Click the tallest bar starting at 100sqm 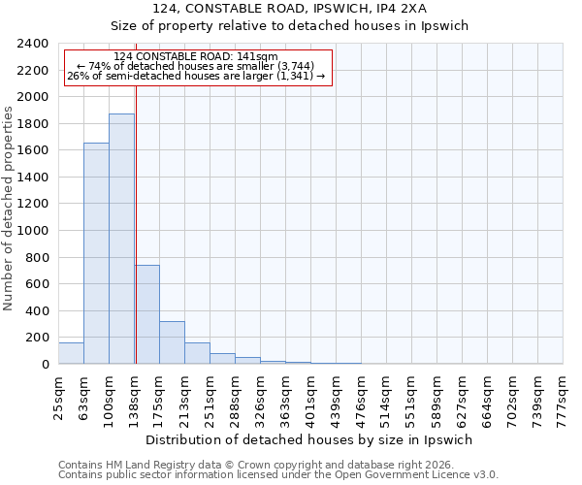click(x=121, y=239)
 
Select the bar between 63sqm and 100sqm click(x=96, y=253)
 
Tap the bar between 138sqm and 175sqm click(x=147, y=314)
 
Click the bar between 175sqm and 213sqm click(x=172, y=342)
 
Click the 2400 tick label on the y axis click(x=34, y=44)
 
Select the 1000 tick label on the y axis click(x=34, y=231)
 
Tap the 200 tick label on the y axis click(x=38, y=338)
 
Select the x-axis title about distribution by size click(x=309, y=439)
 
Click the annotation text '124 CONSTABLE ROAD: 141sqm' click(x=196, y=57)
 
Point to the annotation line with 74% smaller click(x=196, y=66)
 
